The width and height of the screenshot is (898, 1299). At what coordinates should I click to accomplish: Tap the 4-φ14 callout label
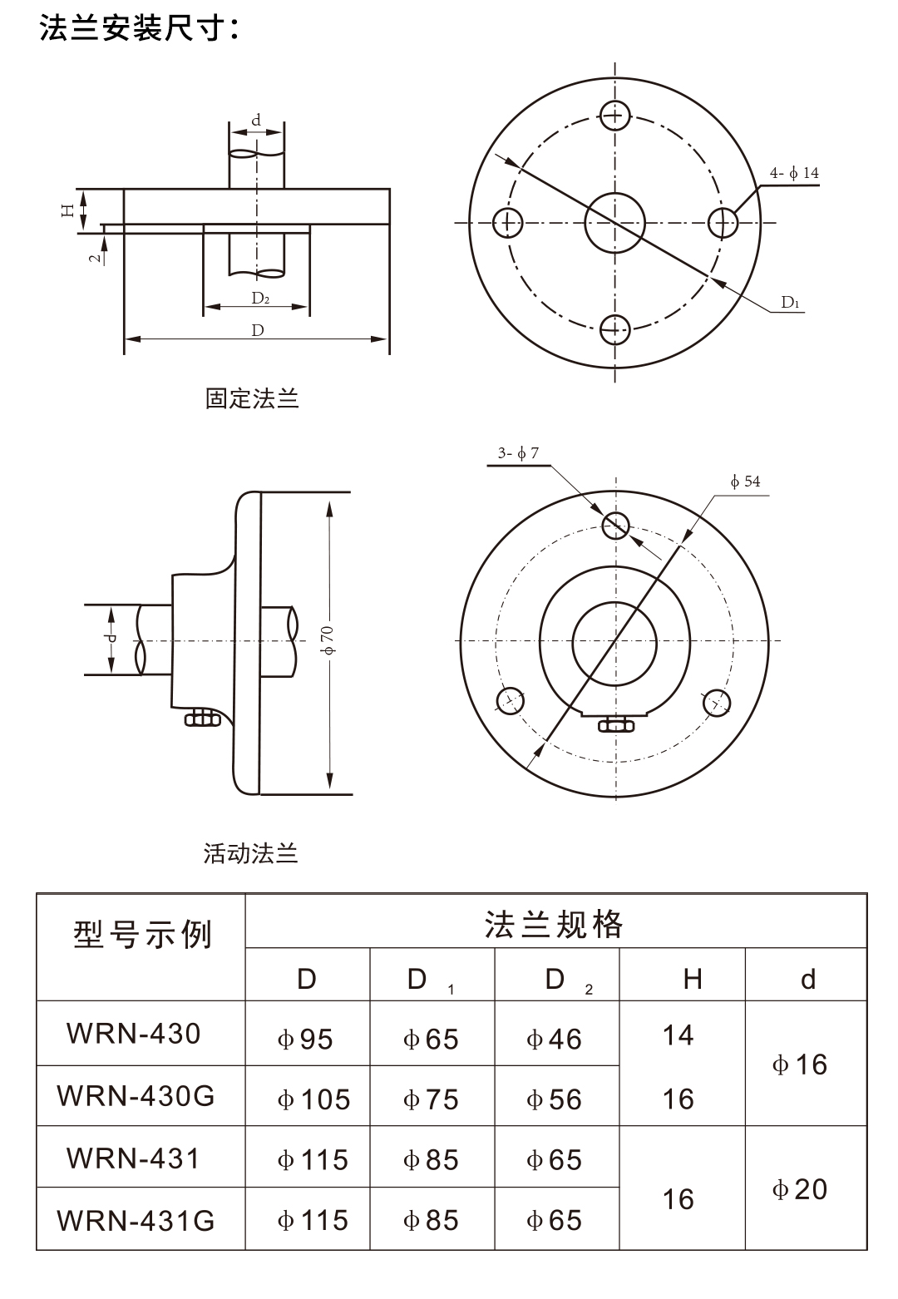793,173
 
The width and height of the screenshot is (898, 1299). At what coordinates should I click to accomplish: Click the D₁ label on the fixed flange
790,303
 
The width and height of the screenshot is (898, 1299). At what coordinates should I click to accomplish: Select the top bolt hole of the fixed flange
614,115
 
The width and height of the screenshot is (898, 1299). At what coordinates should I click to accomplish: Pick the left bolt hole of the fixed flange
506,222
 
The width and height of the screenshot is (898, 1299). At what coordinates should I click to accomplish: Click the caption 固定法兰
252,398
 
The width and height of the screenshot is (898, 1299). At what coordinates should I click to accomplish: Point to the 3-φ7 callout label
518,453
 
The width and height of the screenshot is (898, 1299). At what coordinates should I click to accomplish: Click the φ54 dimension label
745,482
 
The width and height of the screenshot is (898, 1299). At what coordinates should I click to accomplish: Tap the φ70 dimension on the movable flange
328,640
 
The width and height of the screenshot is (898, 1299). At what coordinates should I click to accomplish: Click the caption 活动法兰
250,853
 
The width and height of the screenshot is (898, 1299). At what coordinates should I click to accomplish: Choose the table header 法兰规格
555,924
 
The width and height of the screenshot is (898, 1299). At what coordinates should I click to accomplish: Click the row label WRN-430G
136,1096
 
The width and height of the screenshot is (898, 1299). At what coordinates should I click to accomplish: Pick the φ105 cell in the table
313,1099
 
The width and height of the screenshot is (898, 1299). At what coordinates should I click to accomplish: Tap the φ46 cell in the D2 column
554,1040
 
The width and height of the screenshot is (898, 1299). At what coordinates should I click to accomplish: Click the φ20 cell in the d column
799,1189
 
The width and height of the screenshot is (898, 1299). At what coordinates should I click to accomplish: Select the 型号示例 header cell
141,936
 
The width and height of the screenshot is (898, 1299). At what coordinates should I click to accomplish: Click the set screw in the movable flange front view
615,725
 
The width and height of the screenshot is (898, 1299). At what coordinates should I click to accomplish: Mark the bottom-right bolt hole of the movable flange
716,704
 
